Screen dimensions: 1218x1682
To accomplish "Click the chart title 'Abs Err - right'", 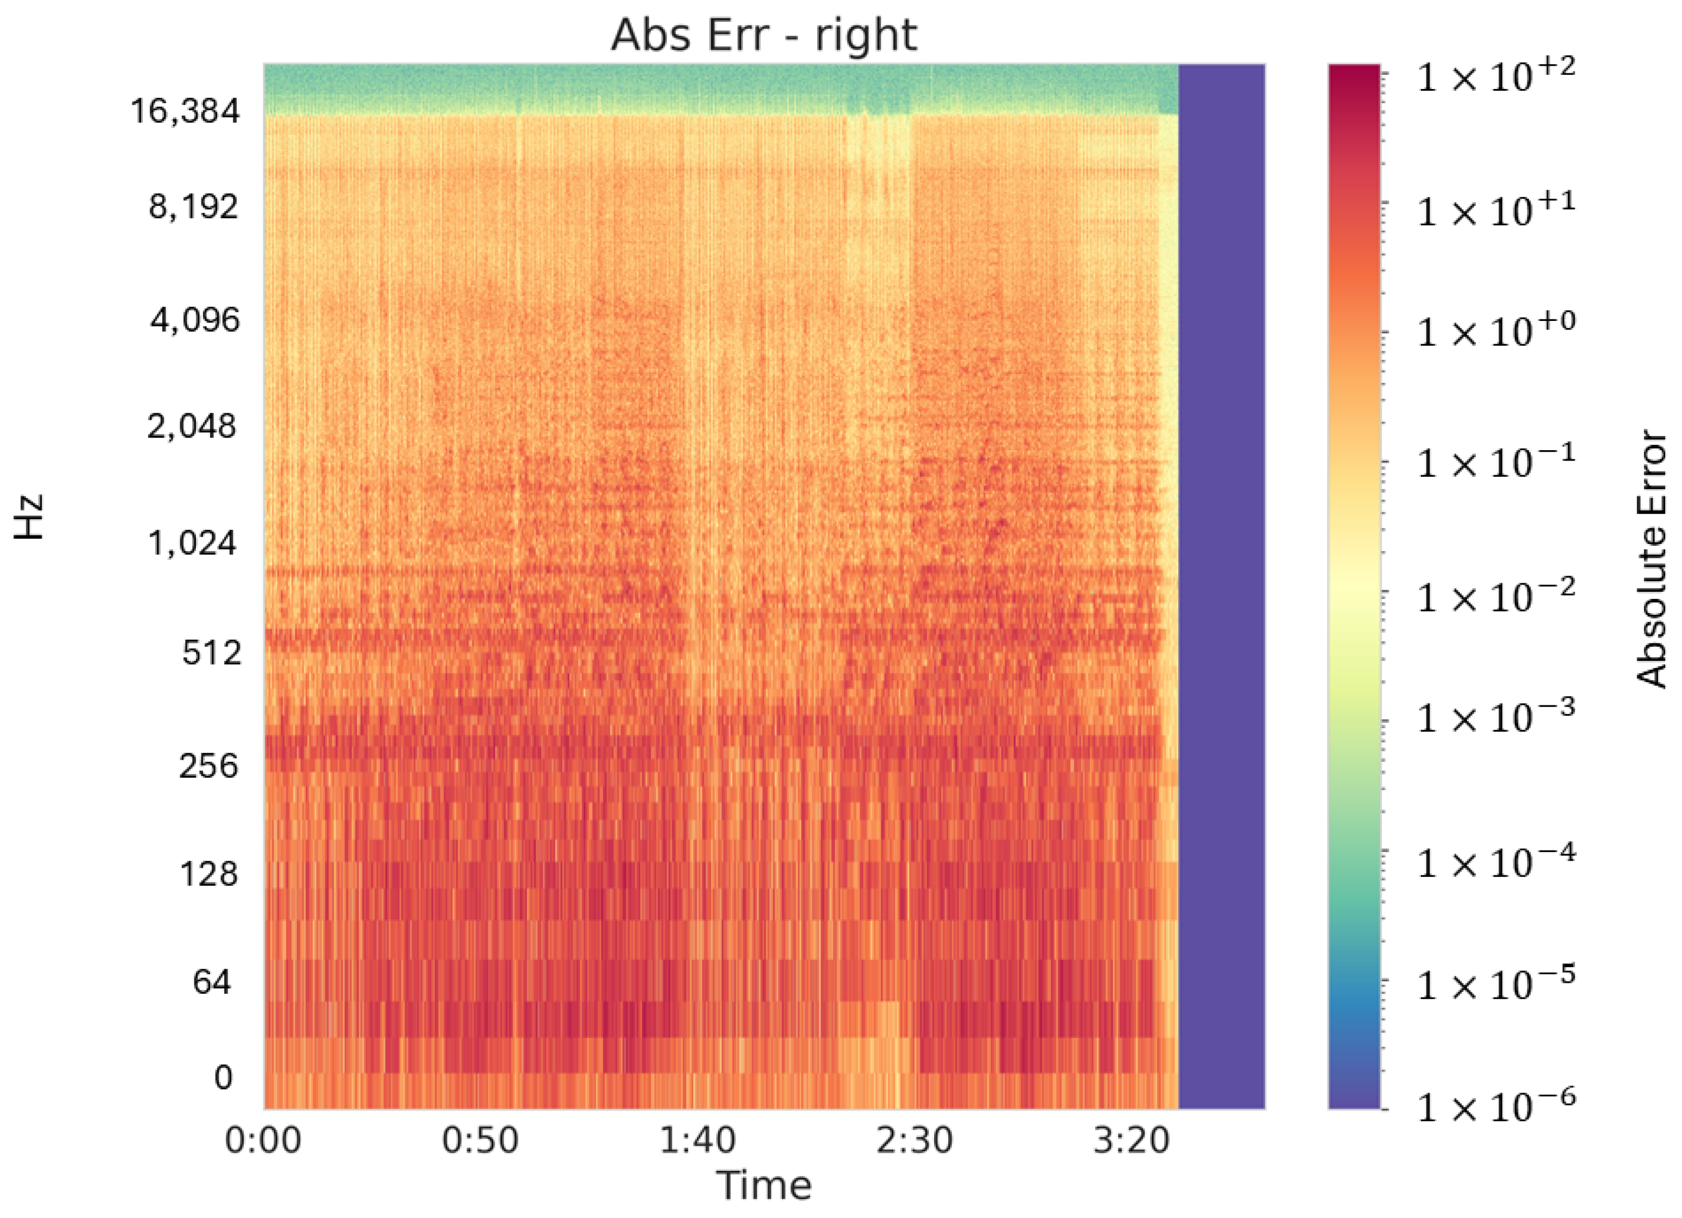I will pos(764,35).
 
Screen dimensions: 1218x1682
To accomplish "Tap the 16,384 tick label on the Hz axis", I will pos(186,111).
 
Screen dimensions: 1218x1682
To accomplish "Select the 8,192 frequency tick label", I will pos(194,206).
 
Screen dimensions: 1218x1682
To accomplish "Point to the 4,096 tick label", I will pos(195,320).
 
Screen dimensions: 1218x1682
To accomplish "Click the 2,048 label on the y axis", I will pos(192,426).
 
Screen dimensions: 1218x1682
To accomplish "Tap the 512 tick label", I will pos(212,653).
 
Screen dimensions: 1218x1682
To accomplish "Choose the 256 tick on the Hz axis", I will pos(208,766).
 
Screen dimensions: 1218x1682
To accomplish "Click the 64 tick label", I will pos(212,982).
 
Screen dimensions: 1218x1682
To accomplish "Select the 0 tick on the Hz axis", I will pos(223,1077).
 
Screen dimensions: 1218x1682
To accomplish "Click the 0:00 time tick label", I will pos(263,1140).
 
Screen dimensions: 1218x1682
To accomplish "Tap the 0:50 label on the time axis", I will pos(480,1140).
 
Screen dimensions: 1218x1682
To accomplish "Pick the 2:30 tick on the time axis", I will pos(915,1140).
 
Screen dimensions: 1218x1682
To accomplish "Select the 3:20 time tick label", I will pos(1132,1140).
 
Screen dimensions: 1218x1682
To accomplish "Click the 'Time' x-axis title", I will pos(764,1185).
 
